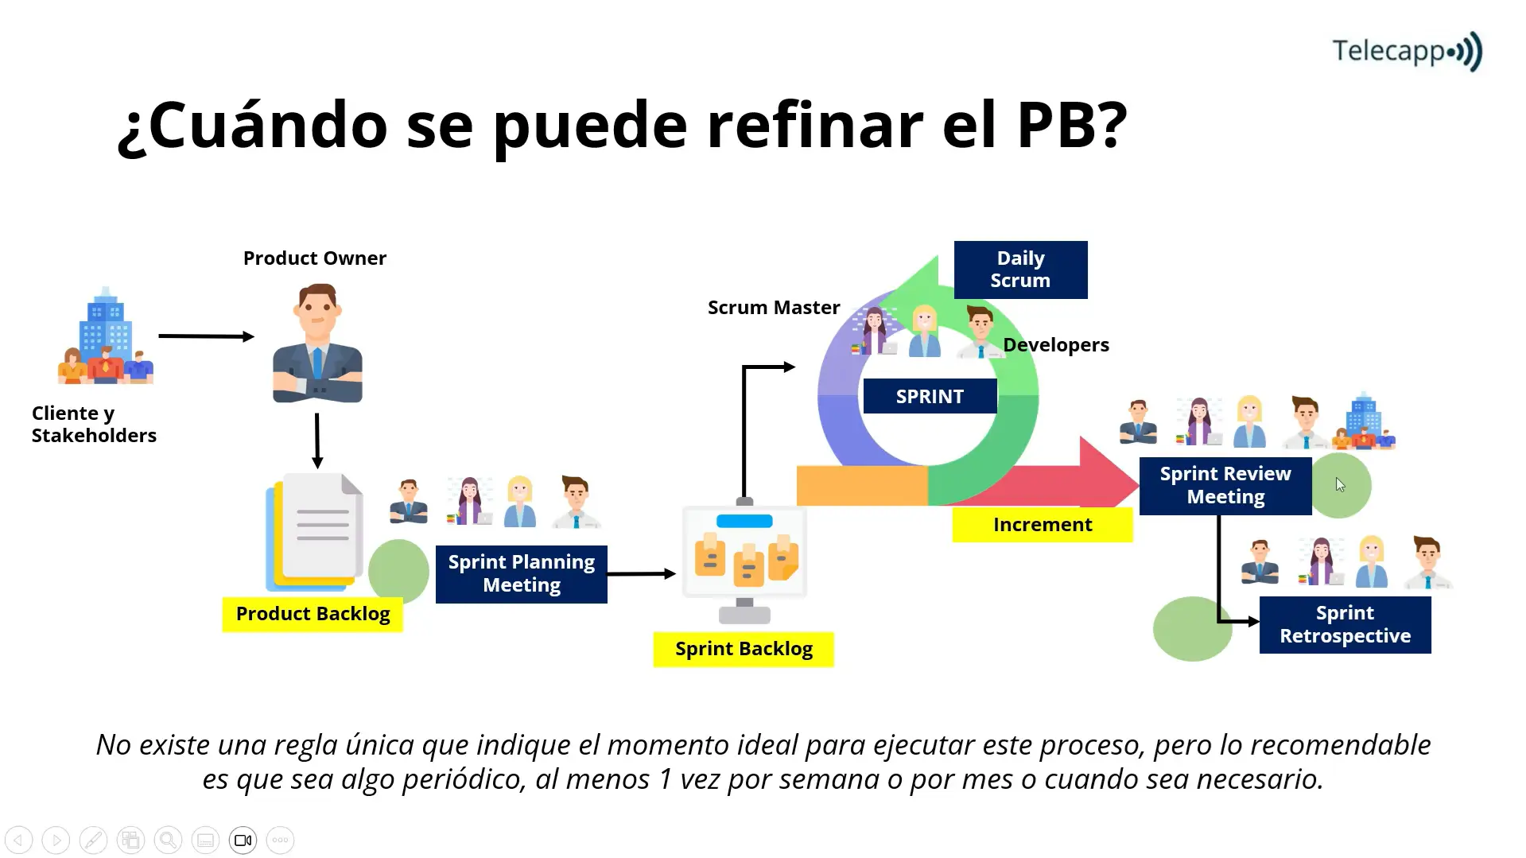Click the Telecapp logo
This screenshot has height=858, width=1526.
click(x=1406, y=52)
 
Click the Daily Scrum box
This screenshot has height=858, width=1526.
click(x=1020, y=270)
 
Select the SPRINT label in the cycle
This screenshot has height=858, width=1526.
click(x=930, y=396)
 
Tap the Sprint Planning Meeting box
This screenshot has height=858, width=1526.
click(x=521, y=573)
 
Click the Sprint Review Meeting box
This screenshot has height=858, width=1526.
click(x=1225, y=485)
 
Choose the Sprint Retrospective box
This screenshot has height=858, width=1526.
click(x=1345, y=624)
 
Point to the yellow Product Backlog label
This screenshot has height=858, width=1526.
click(x=313, y=614)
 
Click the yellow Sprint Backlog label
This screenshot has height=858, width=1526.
click(x=743, y=649)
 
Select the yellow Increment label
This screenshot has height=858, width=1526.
click(x=1042, y=525)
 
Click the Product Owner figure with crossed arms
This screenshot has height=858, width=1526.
click(x=317, y=344)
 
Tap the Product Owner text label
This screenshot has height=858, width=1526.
click(x=314, y=258)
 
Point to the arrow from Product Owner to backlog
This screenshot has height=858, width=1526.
click(x=317, y=440)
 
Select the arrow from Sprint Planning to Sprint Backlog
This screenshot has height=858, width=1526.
click(x=641, y=573)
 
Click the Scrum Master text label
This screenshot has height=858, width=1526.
click(x=773, y=308)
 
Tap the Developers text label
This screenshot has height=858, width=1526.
click(x=1055, y=345)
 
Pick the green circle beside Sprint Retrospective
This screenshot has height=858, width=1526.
click(x=1191, y=629)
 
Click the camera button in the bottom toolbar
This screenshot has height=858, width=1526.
click(x=243, y=841)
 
